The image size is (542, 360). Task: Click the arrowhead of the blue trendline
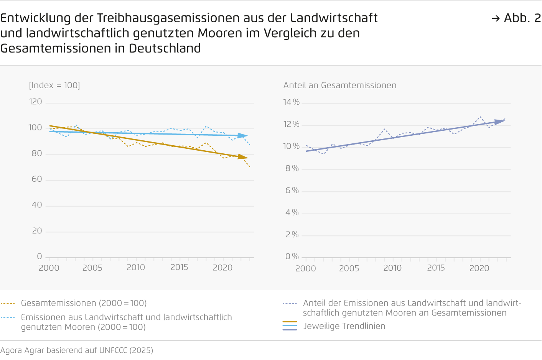pyautogui.click(x=243, y=136)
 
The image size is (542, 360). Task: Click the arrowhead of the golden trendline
pyautogui.click(x=243, y=156)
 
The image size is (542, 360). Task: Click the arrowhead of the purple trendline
pyautogui.click(x=500, y=122)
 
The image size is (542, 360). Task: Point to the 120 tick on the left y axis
pyautogui.click(x=35, y=102)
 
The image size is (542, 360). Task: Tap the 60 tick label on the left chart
pyautogui.click(x=36, y=179)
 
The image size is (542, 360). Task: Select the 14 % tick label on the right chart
pyautogui.click(x=291, y=102)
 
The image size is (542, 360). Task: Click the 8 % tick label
pyautogui.click(x=292, y=168)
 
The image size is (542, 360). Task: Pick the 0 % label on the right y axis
pyautogui.click(x=292, y=256)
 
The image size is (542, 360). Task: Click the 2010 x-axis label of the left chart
pyautogui.click(x=136, y=268)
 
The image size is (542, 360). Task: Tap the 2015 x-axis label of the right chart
pyautogui.click(x=436, y=268)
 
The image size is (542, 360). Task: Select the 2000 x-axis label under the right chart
pyautogui.click(x=305, y=268)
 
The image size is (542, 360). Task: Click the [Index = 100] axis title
pyautogui.click(x=54, y=85)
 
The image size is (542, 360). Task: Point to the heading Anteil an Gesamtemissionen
pyautogui.click(x=340, y=85)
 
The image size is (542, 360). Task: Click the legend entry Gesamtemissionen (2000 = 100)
pyautogui.click(x=84, y=303)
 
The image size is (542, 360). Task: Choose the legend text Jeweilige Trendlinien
pyautogui.click(x=344, y=326)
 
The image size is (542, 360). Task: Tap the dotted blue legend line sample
pyautogui.click(x=8, y=317)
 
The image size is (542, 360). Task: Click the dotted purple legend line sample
pyautogui.click(x=290, y=303)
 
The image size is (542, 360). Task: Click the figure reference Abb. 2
pyautogui.click(x=522, y=18)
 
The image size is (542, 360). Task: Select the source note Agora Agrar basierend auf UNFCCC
pyautogui.click(x=77, y=350)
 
